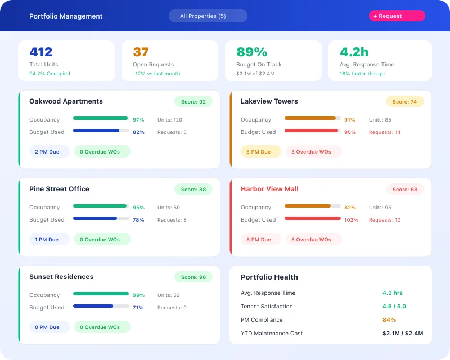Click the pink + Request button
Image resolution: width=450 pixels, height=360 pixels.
[397, 16]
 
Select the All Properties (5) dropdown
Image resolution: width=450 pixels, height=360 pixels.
[208, 16]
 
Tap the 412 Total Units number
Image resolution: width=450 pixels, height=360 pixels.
[41, 52]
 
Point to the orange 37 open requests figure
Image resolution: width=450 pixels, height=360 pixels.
[141, 52]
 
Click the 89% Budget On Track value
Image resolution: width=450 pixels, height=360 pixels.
[251, 52]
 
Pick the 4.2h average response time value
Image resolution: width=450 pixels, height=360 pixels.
[354, 52]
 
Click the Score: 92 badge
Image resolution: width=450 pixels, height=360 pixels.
[193, 102]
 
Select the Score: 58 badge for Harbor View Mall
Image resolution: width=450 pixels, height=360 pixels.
[404, 190]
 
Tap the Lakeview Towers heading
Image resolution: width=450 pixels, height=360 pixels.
[269, 101]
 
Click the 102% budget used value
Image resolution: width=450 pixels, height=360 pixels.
[351, 220]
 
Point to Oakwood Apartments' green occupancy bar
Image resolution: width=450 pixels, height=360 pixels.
[100, 118]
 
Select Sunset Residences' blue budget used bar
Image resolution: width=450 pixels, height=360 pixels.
[93, 306]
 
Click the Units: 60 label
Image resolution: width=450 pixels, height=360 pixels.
[168, 208]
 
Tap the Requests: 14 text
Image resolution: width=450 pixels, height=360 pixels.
[385, 132]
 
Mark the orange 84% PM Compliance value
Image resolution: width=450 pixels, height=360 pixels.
[389, 320]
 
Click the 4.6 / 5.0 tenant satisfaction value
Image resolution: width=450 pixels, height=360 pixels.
[394, 307]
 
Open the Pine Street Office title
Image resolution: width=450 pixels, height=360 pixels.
[59, 189]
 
